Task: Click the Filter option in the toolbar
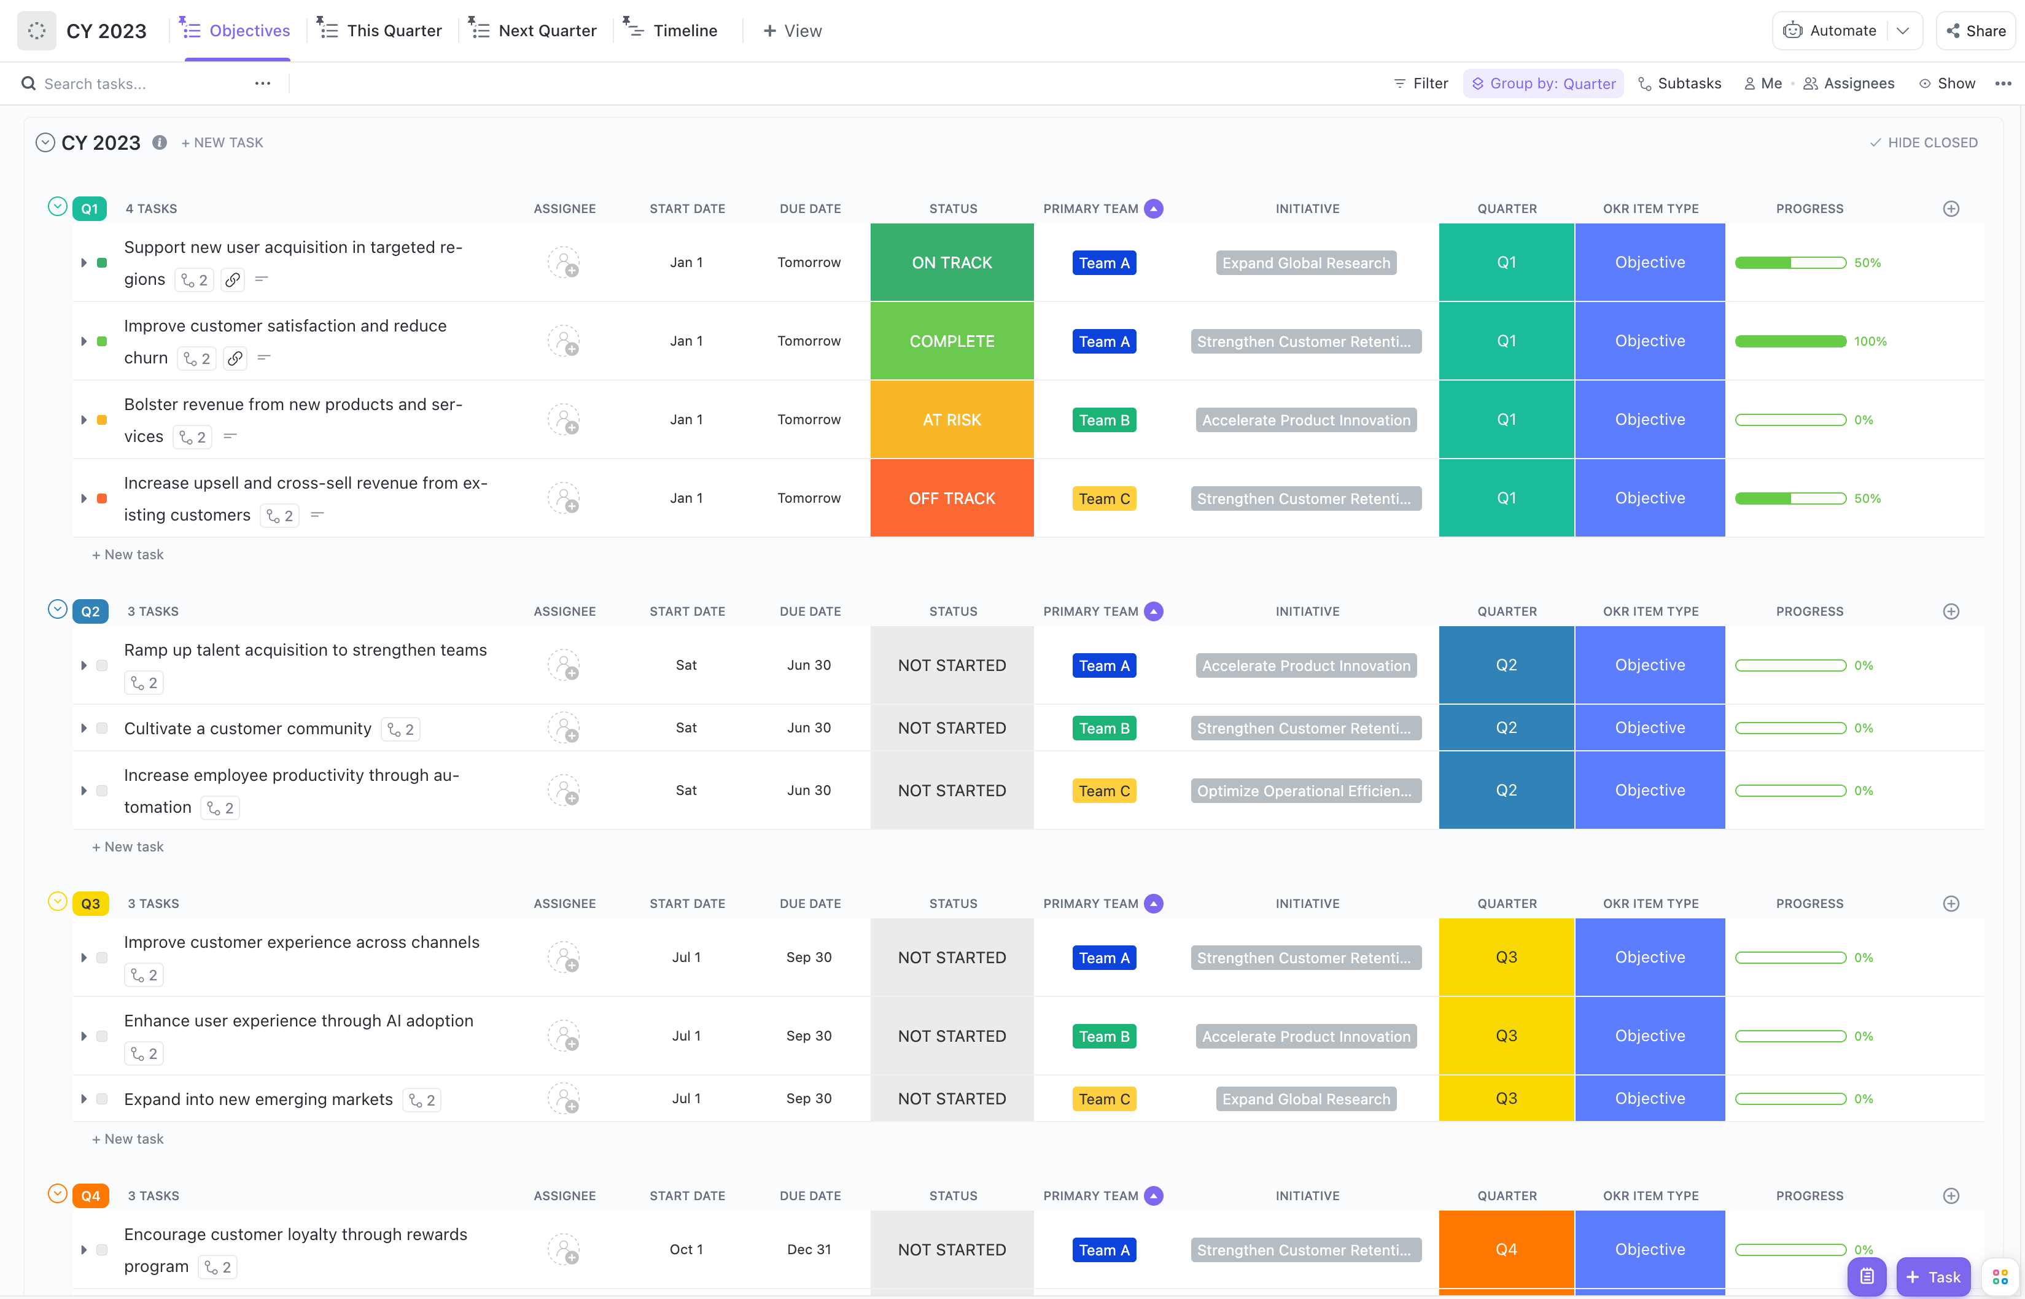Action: pos(1421,83)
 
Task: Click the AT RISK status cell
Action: pos(951,419)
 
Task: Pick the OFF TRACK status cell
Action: pos(951,498)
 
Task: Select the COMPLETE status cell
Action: pos(951,341)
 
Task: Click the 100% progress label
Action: pos(1869,341)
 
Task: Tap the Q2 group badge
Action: pos(90,611)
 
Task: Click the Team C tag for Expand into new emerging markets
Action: pos(1103,1098)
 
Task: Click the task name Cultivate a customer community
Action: pos(247,728)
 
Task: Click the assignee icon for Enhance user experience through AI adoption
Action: pos(564,1036)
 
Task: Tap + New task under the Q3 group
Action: pos(128,1139)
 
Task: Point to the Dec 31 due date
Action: pos(809,1249)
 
